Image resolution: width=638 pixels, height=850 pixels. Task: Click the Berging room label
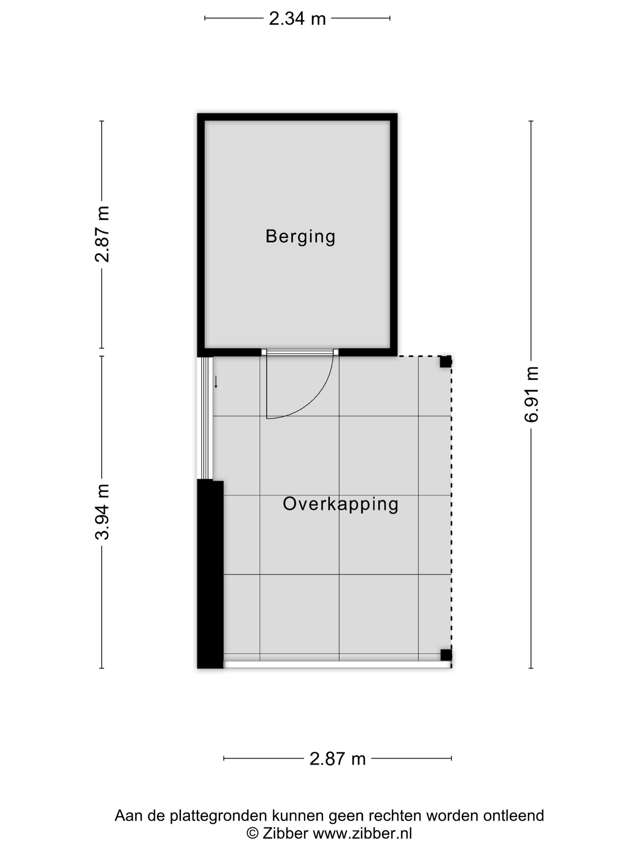300,236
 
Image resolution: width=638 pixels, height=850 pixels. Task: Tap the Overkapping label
340,504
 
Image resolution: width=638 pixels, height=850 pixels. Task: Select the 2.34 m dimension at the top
297,19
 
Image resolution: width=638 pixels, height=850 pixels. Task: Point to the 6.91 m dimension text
531,395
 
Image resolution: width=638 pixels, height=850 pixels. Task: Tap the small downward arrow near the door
216,382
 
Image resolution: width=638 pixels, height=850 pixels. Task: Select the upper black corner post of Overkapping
446,362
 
